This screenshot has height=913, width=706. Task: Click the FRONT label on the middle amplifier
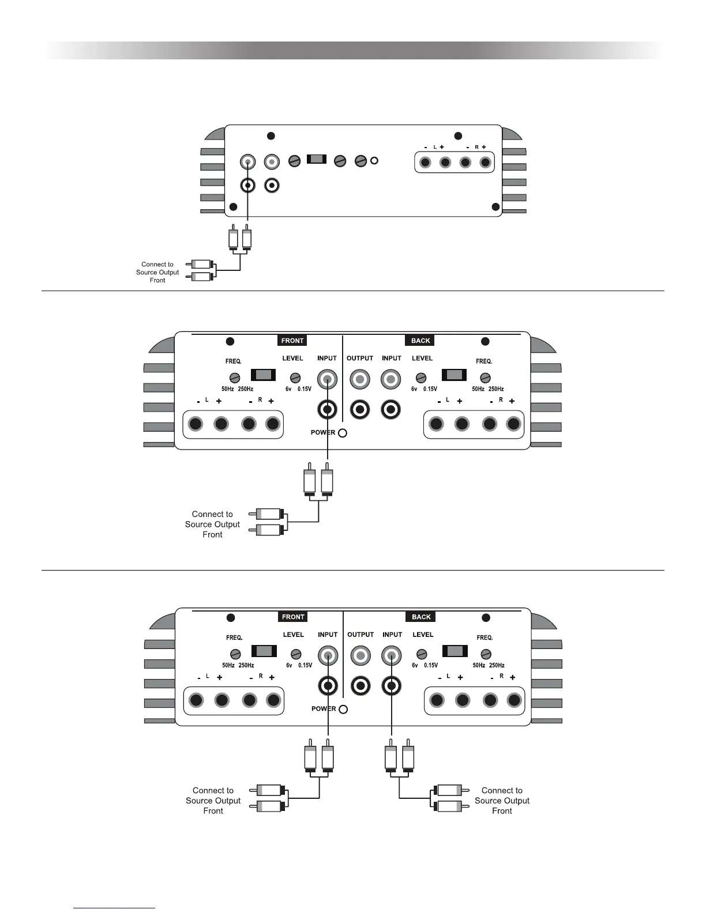pos(292,341)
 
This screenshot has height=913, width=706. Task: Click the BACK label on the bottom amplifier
pos(421,617)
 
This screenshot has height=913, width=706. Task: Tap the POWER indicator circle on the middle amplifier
pos(343,433)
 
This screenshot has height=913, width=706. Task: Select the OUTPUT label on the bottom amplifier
pos(360,635)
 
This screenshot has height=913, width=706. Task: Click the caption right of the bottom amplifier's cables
pos(502,801)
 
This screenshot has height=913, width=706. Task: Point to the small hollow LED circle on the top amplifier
pos(374,161)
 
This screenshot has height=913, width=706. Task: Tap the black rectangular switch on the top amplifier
pos(317,159)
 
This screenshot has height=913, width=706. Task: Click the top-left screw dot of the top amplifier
pos(271,136)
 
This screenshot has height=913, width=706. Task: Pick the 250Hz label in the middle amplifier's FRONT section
pos(246,389)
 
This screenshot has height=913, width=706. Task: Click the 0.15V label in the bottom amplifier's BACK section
pos(430,665)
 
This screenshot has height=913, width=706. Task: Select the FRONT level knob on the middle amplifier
pos(295,378)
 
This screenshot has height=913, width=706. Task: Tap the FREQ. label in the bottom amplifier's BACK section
pos(485,637)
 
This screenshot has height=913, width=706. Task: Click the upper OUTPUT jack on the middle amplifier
pos(360,379)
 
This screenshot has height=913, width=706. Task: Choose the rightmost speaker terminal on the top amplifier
pos(485,163)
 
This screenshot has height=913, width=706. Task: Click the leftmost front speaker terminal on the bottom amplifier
pos(196,700)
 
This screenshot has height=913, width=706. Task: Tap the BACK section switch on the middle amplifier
pos(454,375)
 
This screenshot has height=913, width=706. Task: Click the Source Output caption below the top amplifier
pos(157,272)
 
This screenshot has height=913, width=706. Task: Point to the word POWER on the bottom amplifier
pos(323,708)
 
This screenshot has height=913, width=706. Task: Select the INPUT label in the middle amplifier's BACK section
pos(392,359)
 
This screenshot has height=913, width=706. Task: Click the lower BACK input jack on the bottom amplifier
pos(391,686)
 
